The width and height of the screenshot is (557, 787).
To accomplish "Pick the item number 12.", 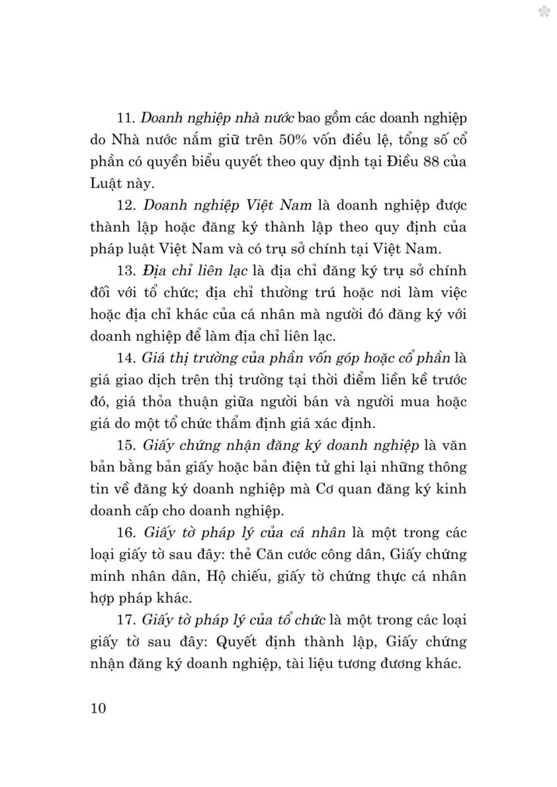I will [127, 206].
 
